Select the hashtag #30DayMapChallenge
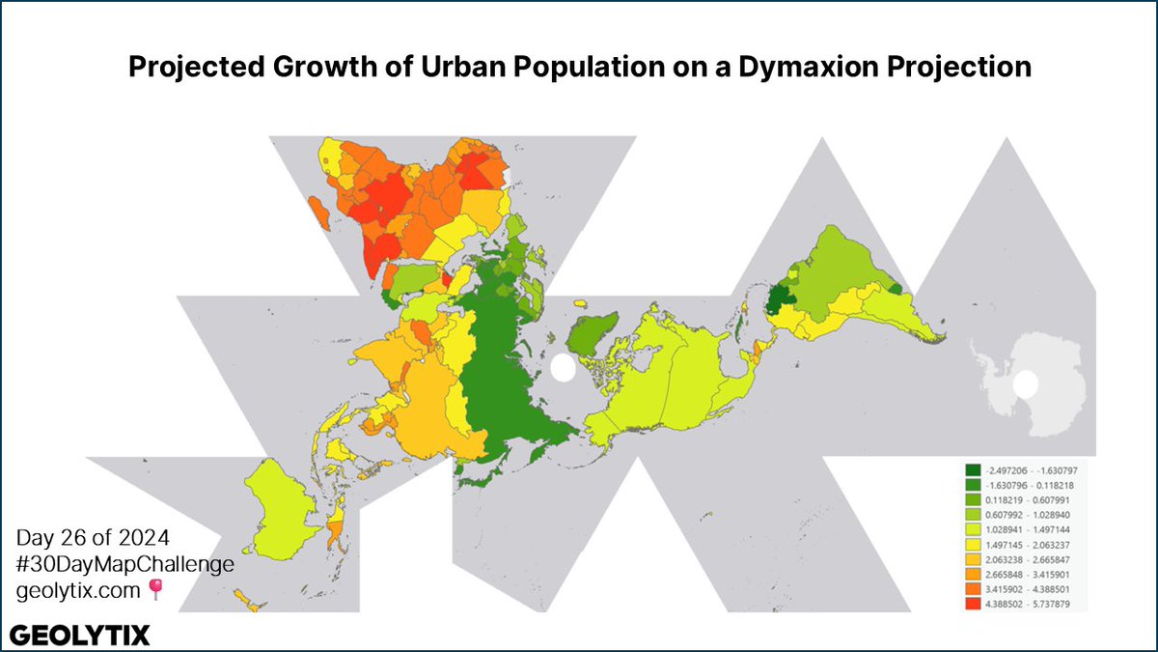[x=124, y=565]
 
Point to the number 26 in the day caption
[x=68, y=538]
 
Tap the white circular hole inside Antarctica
[x=1027, y=384]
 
